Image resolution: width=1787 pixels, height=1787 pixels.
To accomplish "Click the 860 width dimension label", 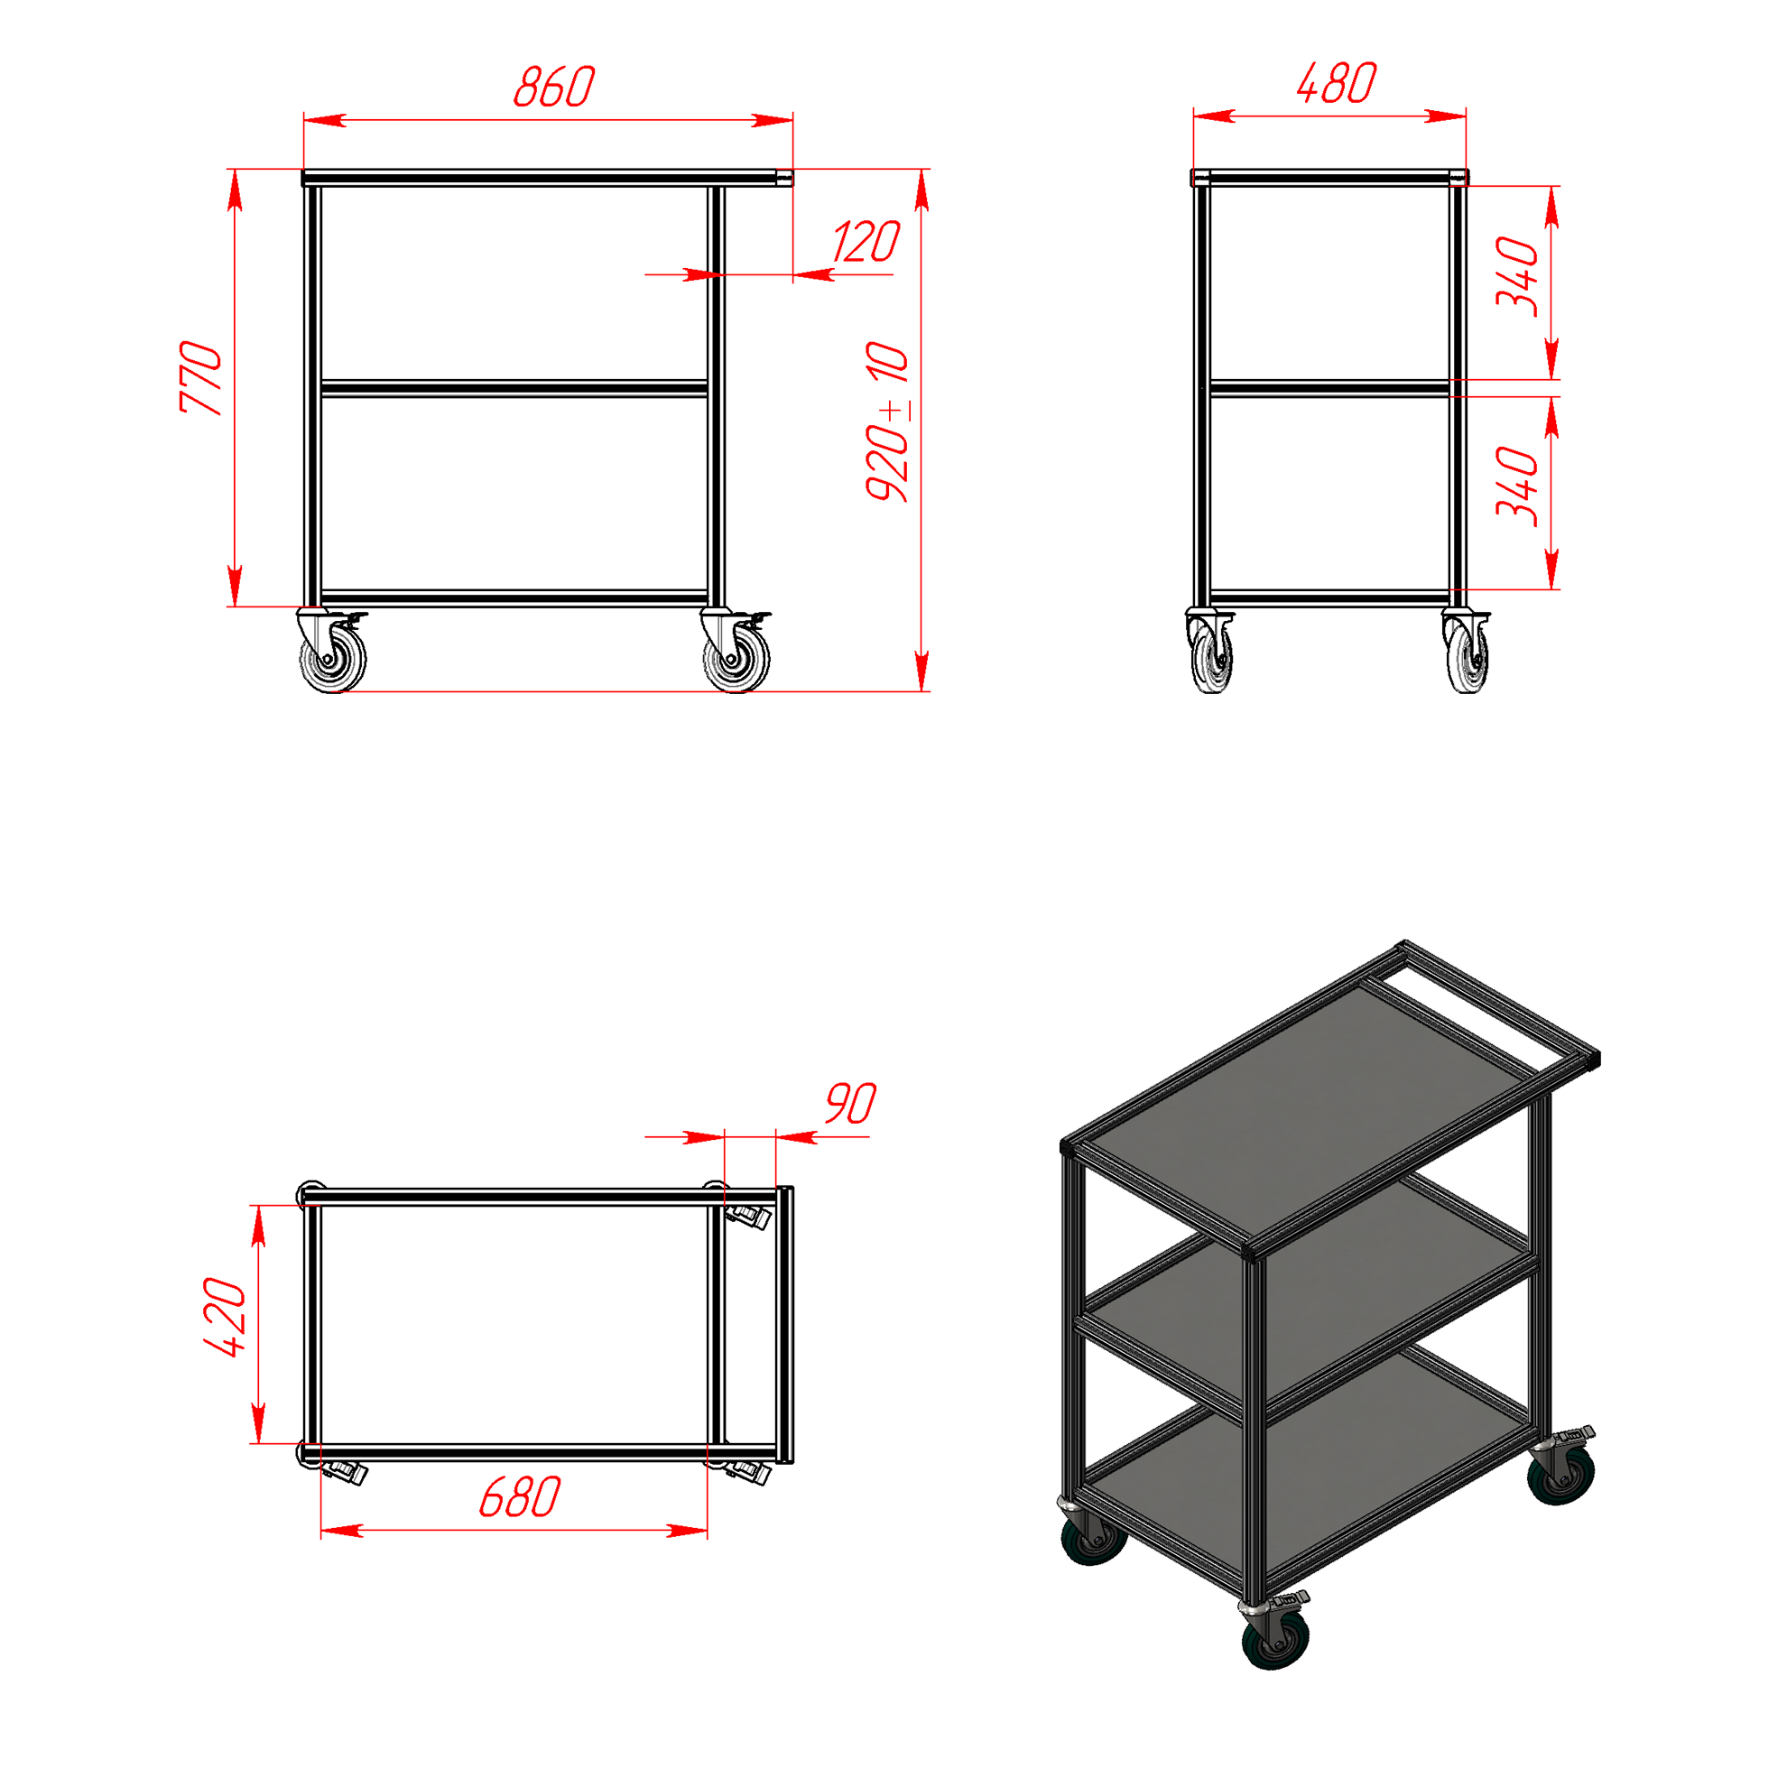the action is pos(554,87).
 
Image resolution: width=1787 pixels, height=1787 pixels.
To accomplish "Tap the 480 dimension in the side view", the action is pos(1337,83).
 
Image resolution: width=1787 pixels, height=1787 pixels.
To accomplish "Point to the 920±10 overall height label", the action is pos(889,421).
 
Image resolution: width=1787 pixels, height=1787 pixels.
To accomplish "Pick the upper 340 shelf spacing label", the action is pos(1518,277).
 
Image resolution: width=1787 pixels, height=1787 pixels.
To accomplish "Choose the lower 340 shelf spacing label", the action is pos(1518,486).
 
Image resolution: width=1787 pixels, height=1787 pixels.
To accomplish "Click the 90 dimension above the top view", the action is pos(850,1104).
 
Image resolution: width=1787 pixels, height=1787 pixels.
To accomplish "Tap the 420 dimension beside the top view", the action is pos(226,1317).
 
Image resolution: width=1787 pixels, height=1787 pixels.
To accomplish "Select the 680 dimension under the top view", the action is pos(520,1497).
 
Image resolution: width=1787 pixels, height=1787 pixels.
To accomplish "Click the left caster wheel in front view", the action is pos(333,659).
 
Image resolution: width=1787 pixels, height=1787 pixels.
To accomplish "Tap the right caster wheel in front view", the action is pos(736,659).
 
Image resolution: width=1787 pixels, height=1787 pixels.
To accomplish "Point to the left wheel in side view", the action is pos(1212,657).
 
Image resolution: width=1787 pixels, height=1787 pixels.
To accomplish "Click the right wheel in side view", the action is pos(1468,657).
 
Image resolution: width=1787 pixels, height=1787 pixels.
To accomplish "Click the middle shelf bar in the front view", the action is pos(514,388).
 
